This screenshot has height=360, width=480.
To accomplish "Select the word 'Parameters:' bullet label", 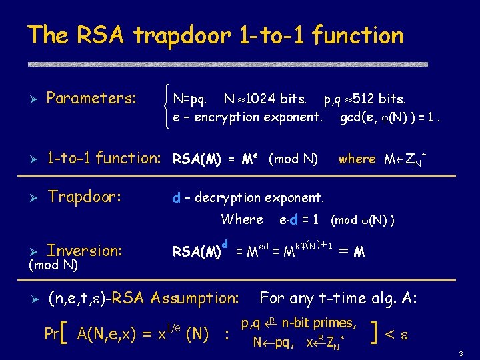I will coord(91,99).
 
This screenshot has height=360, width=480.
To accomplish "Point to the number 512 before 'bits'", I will coord(365,99).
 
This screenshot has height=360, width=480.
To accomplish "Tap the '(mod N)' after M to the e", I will coord(293,159).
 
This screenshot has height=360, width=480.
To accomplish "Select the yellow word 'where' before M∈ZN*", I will coord(357,159).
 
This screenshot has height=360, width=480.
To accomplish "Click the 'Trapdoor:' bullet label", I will coord(84,197).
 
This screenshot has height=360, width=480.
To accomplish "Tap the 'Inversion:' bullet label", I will coord(85,251).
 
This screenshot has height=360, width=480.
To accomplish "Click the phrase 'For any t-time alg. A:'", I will coord(338,298).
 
